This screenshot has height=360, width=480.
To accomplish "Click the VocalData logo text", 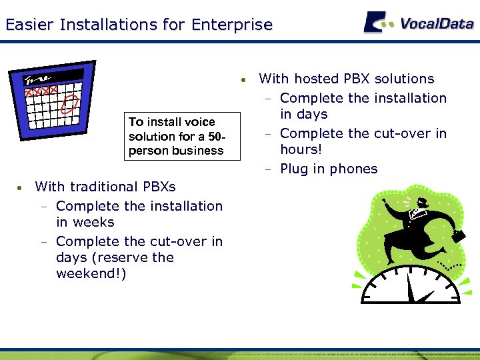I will point(437,23).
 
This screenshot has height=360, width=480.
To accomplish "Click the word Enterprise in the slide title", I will point(231,25).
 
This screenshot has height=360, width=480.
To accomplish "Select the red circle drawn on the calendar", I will point(71,103).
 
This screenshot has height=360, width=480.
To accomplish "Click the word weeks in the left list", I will point(94,222).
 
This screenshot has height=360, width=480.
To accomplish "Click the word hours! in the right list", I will point(301,149).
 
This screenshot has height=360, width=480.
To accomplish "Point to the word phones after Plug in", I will point(353,169).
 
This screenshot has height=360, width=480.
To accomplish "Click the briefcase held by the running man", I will point(458,236).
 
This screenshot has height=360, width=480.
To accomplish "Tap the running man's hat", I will point(419,202).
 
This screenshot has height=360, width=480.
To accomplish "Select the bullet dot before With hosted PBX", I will point(246,80).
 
